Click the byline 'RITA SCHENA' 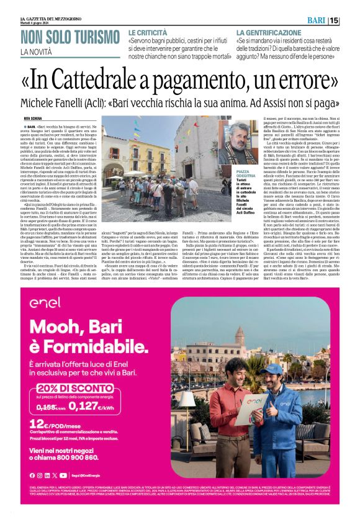[32, 117]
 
